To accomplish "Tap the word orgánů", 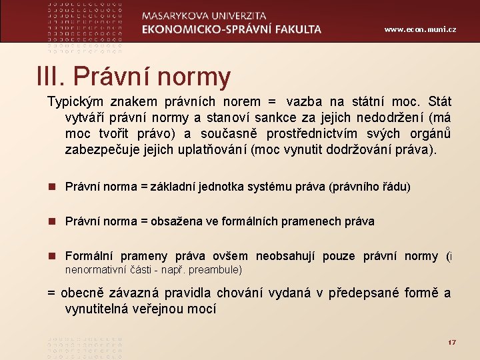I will (x=429, y=134).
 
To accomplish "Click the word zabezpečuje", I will (x=97, y=150).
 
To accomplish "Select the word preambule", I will (x=216, y=270).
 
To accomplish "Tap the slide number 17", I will (x=451, y=342).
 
